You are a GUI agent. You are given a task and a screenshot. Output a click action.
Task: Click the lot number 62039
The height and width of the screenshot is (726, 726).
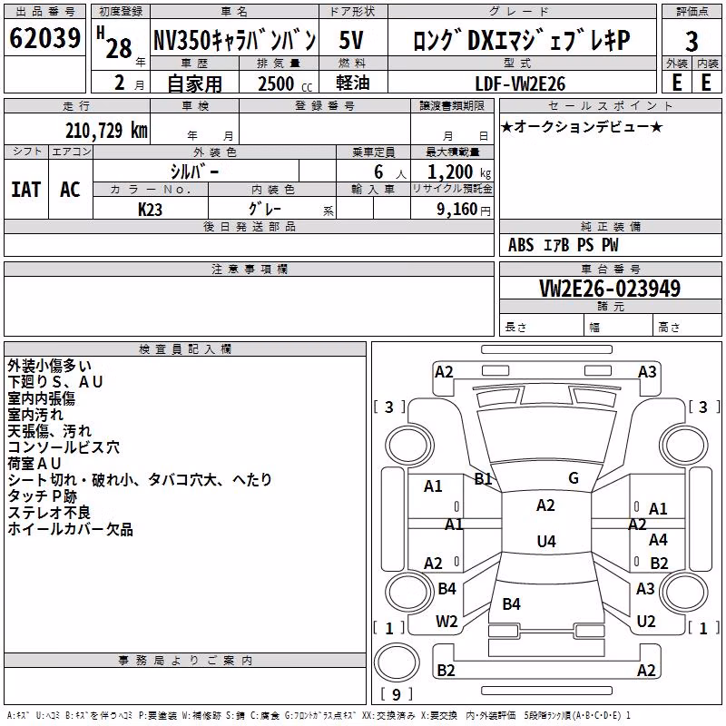[44, 38]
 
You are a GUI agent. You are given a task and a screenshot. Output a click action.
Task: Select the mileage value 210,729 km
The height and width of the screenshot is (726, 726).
[106, 131]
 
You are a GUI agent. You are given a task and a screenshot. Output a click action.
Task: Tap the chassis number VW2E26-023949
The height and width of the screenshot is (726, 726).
[610, 288]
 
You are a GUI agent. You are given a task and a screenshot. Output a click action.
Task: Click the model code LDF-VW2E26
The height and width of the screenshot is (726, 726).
[520, 83]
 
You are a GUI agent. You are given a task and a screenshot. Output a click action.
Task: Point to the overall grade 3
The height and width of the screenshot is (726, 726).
[692, 42]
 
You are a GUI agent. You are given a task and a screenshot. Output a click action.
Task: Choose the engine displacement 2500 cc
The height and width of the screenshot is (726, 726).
[285, 83]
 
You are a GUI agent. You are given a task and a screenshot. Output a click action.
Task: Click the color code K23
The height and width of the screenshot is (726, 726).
[150, 210]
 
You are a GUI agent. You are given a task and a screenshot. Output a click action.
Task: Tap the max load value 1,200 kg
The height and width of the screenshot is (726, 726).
[459, 172]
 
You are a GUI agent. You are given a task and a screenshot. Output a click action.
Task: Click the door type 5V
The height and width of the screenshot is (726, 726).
[351, 40]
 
